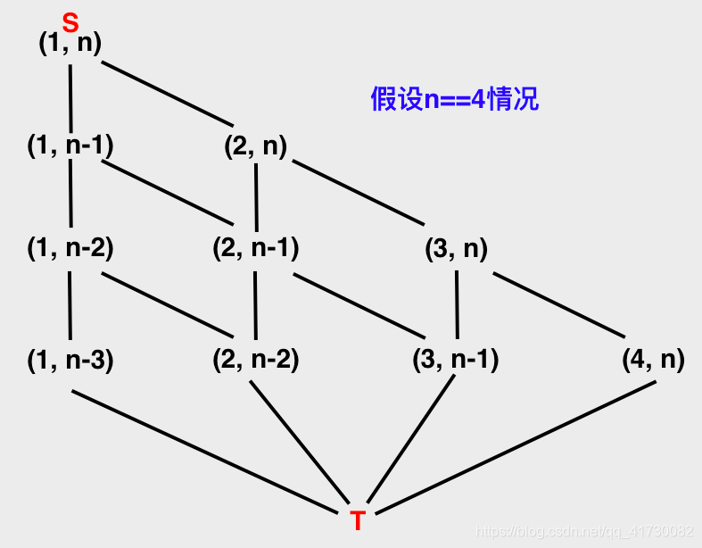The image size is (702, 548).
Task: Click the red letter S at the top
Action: tap(70, 22)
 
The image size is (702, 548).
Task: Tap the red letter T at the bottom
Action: tap(358, 521)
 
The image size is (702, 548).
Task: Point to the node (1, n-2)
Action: tap(70, 249)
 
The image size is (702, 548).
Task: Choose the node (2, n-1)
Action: tap(255, 249)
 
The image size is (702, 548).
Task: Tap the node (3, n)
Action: tap(456, 249)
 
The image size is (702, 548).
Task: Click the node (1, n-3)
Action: tap(70, 361)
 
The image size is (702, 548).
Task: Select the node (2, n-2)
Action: tap(255, 361)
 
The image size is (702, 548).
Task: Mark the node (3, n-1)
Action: tap(455, 361)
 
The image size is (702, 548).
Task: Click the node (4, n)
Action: tap(653, 361)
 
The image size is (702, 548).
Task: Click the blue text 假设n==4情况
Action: tap(455, 98)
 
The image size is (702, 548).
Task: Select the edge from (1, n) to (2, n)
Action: tap(167, 95)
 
